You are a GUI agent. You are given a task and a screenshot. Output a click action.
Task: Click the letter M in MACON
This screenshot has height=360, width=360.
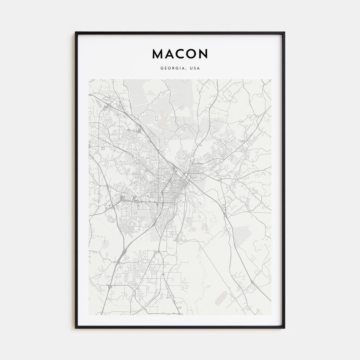click(157, 54)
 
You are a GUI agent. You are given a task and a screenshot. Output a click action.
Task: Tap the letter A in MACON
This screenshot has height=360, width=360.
click(170, 54)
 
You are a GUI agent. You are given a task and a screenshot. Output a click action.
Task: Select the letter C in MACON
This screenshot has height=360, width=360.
click(180, 54)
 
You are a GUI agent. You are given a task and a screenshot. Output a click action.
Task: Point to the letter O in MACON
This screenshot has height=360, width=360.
click(191, 54)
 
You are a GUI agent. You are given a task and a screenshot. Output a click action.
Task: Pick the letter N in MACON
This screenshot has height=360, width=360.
click(203, 54)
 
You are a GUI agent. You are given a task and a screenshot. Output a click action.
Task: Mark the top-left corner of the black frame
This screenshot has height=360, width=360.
click(75, 32)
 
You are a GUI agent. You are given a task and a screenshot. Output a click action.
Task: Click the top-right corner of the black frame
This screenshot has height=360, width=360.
click(284, 32)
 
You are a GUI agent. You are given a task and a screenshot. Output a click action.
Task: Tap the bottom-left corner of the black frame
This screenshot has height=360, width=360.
click(75, 328)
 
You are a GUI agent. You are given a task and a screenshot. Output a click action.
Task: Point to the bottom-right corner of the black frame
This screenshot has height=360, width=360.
click(284, 328)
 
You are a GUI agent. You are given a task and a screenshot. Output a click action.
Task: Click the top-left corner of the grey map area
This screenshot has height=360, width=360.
click(89, 79)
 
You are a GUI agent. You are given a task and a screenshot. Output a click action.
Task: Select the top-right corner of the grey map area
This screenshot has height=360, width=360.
click(271, 79)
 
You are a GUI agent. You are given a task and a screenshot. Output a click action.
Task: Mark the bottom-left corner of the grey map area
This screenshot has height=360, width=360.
click(89, 315)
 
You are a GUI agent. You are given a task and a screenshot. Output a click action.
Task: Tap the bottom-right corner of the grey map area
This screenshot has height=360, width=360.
click(271, 315)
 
